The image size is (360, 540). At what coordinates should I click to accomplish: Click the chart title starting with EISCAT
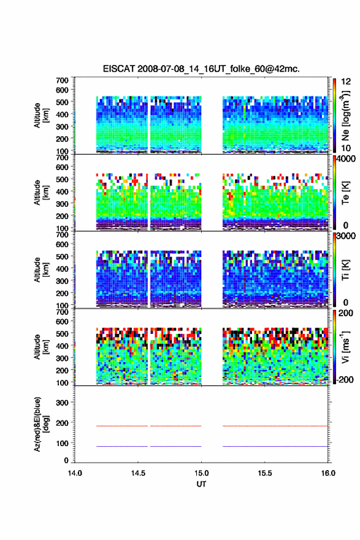tap(201, 69)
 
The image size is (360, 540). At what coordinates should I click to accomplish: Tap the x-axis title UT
tap(201, 484)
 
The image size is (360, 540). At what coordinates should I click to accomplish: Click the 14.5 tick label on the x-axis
tap(138, 473)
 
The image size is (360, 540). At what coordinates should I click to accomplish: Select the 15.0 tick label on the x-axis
tap(201, 473)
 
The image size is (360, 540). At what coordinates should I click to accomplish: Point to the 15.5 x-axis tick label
tap(265, 473)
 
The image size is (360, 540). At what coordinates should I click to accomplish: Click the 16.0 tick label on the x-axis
tap(328, 473)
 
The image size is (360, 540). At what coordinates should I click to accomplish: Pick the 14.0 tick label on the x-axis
tap(75, 473)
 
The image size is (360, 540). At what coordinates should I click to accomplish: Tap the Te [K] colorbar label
tap(345, 193)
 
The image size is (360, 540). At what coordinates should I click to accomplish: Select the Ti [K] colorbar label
tap(345, 270)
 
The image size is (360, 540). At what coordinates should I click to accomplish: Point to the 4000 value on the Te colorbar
tap(347, 159)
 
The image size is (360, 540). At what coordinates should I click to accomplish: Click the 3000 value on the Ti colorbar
tap(347, 236)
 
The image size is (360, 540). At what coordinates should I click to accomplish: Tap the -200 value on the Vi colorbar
tap(345, 380)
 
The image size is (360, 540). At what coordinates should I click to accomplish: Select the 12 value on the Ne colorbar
tap(347, 82)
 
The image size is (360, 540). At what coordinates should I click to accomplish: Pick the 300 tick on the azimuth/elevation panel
tap(63, 403)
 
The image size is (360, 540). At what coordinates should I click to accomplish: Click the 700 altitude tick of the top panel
tap(63, 80)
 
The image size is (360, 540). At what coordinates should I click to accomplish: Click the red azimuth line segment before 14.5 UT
tap(122, 426)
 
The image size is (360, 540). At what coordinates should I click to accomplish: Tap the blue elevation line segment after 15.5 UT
tap(275, 446)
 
